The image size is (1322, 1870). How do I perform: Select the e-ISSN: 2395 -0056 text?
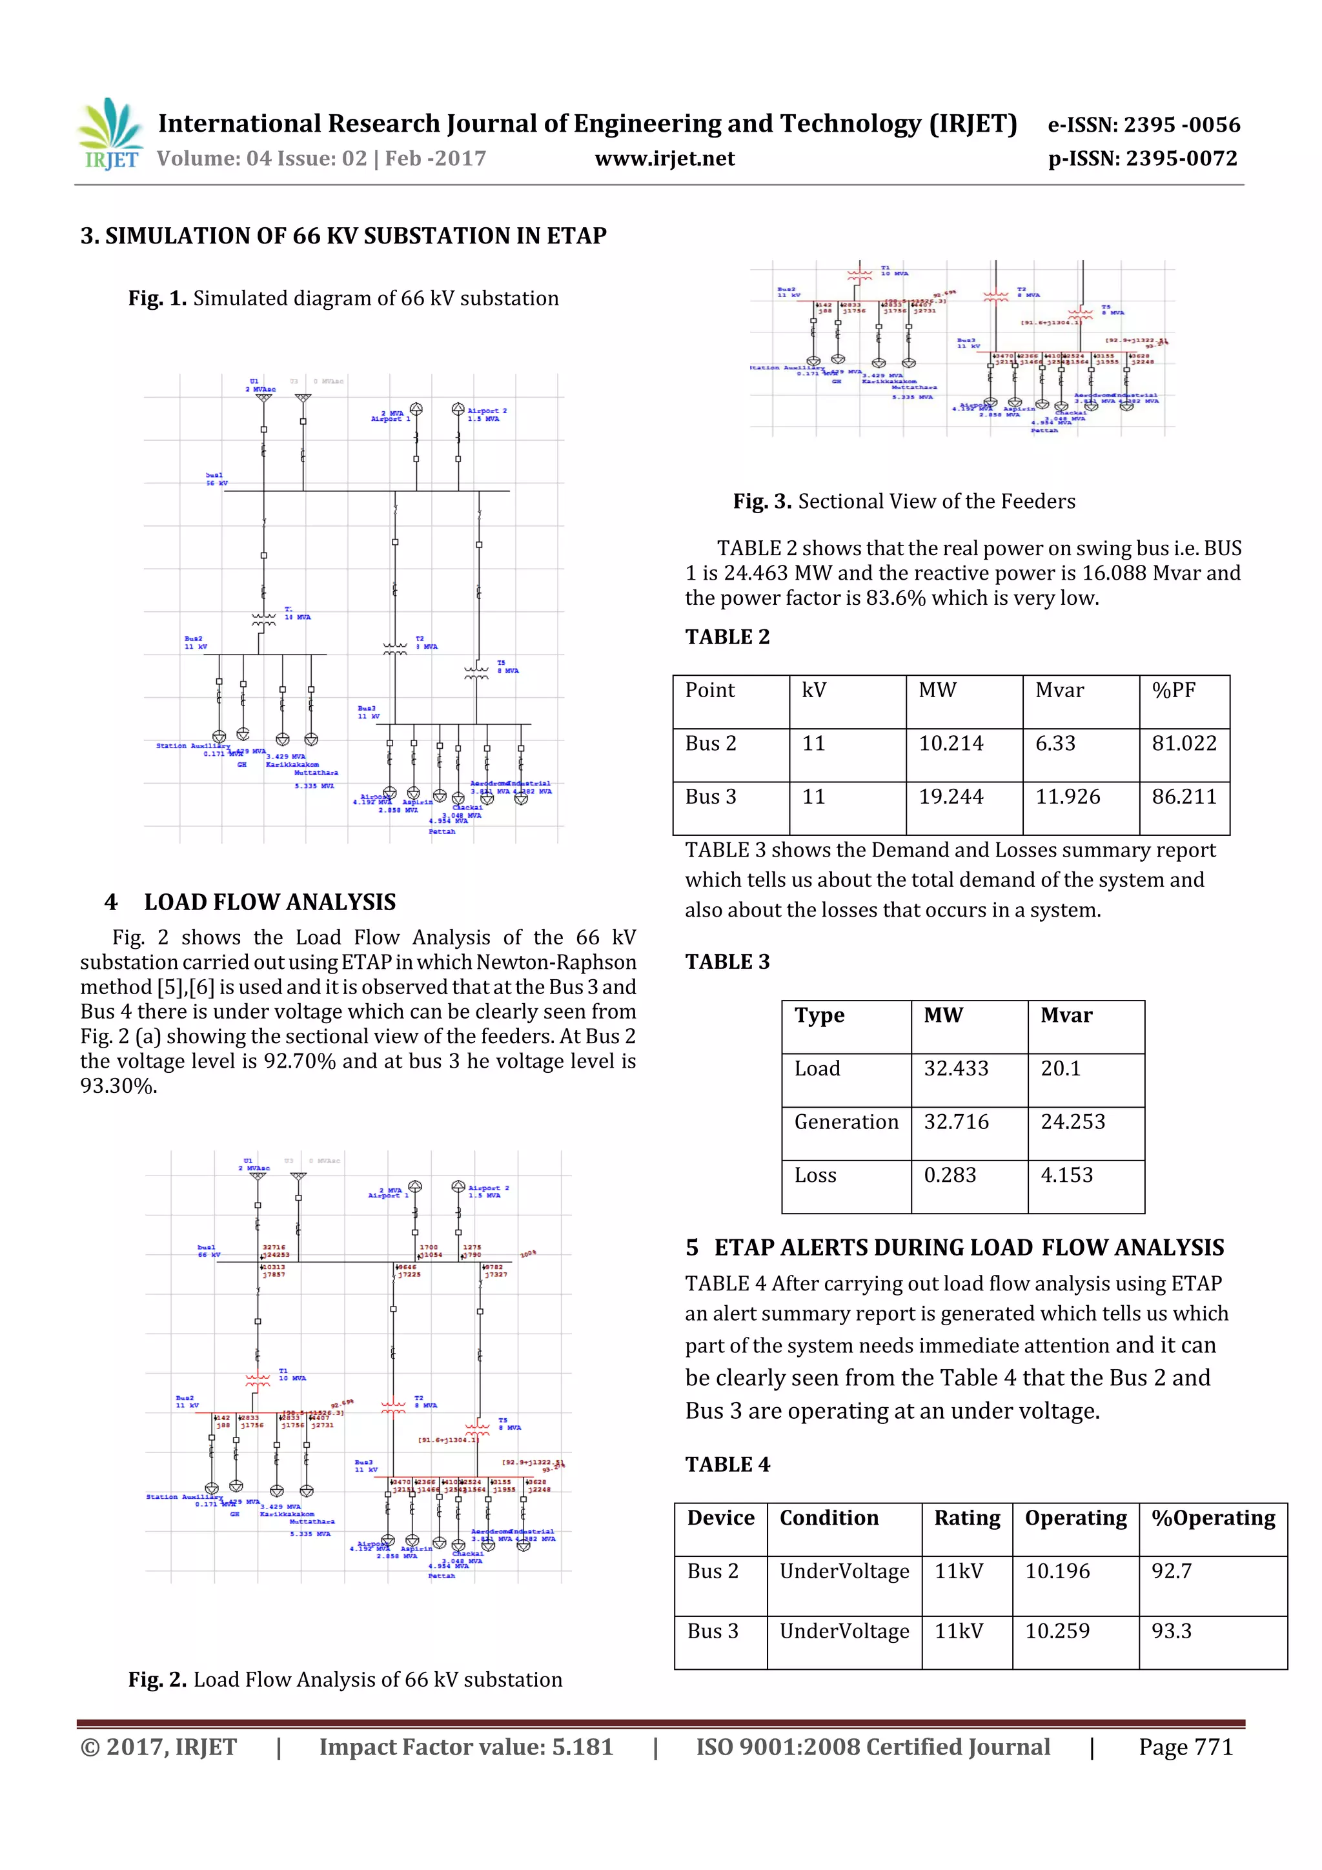pos(1144,125)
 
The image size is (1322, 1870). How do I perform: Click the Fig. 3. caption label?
pos(762,501)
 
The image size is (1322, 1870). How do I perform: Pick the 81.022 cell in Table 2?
pos(1183,744)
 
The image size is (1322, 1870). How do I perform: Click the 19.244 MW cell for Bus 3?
pos(951,797)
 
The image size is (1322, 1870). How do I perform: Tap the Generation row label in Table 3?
pos(846,1123)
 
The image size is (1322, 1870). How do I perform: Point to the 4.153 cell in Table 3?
pos(1066,1175)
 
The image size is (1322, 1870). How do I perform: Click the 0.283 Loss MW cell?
pos(949,1175)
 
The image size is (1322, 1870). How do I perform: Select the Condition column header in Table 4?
pos(828,1518)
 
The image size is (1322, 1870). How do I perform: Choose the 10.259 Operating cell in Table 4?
pos(1057,1631)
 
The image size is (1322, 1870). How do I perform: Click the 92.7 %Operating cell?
pos(1172,1571)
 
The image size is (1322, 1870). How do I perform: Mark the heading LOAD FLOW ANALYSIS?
pos(270,902)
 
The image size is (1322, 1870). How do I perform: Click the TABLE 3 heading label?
pos(727,962)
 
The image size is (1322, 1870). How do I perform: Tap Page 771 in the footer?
pos(1185,1747)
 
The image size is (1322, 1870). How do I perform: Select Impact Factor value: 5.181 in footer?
pos(466,1747)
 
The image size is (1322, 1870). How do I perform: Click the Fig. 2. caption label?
pos(158,1680)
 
